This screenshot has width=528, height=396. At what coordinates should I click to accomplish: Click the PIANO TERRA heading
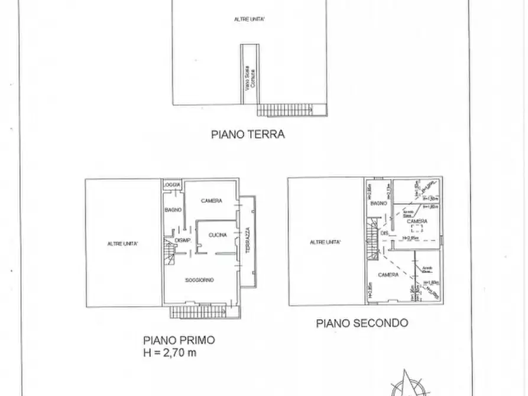click(x=248, y=134)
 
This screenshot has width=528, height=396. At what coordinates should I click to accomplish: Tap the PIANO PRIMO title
click(x=179, y=340)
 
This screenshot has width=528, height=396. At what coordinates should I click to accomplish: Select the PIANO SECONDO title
click(x=361, y=323)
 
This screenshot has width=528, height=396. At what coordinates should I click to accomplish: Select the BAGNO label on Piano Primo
click(x=173, y=210)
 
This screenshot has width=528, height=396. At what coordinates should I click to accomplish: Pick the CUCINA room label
click(x=217, y=235)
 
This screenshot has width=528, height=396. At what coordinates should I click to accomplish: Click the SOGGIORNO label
click(x=199, y=280)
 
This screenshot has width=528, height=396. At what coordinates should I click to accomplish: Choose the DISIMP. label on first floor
click(x=182, y=239)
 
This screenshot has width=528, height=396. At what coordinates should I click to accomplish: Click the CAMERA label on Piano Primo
click(x=211, y=201)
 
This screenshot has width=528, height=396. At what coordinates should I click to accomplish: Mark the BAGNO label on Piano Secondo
click(x=378, y=203)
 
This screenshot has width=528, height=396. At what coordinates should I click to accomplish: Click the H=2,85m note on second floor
click(x=410, y=238)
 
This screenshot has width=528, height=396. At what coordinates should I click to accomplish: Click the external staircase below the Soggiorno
click(x=197, y=311)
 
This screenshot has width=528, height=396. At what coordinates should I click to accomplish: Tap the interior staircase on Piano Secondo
click(x=372, y=239)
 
